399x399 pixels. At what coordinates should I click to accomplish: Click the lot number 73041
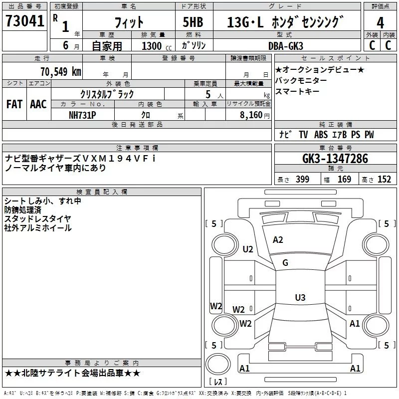click(x=24, y=20)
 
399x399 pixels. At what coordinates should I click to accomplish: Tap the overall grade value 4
click(x=380, y=23)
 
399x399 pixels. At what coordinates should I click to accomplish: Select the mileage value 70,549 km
click(x=61, y=71)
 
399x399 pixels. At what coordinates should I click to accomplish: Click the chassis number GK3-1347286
click(x=335, y=158)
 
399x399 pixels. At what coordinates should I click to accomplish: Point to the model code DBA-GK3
click(x=285, y=46)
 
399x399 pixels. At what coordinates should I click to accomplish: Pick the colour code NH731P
click(x=82, y=115)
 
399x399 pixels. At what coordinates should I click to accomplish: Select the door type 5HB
click(x=193, y=22)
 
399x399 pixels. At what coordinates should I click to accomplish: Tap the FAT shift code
click(x=14, y=104)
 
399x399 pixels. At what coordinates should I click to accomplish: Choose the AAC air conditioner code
click(x=38, y=104)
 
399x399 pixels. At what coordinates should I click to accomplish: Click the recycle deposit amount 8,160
click(x=251, y=115)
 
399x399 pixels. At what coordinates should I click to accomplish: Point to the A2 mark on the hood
click(x=278, y=240)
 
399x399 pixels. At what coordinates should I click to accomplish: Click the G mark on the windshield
click(x=285, y=263)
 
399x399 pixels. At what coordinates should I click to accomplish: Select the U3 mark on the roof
click(x=300, y=297)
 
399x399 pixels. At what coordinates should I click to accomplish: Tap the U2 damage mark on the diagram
click(x=248, y=249)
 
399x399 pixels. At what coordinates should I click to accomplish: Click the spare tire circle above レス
click(x=218, y=364)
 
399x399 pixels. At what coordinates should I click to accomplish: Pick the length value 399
click(x=302, y=179)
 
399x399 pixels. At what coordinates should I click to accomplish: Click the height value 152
click(x=384, y=179)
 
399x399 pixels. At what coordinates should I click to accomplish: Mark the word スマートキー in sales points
click(x=297, y=91)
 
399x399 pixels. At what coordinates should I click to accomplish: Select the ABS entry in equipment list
click(x=321, y=135)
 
